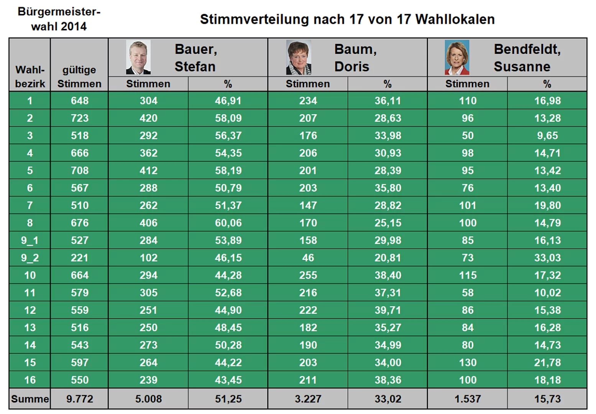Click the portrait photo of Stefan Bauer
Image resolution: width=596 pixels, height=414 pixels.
coord(138,57)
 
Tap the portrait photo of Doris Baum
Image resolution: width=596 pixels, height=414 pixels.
coord(299,58)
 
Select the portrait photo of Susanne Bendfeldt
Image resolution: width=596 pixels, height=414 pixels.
coord(457,58)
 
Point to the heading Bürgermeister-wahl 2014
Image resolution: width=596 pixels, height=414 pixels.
coord(59,19)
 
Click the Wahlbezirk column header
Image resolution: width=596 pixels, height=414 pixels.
coord(30,77)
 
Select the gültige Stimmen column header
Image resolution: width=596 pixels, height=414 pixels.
coord(79,77)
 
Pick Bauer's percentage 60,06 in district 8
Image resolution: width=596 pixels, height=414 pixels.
coord(228,223)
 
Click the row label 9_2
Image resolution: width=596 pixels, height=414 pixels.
coord(30,258)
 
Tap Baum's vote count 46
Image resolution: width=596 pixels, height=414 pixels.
coord(308,258)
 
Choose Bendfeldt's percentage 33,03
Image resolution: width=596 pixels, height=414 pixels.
coord(547,258)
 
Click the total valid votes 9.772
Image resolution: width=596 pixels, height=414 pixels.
coord(80,399)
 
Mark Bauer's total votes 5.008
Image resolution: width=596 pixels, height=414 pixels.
coord(148,399)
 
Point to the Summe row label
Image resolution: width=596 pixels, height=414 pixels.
coord(30,399)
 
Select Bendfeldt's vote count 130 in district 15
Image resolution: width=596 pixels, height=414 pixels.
coord(468,362)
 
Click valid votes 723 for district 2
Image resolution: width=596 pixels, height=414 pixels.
coord(80,118)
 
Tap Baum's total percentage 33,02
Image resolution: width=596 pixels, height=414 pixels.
coord(387,399)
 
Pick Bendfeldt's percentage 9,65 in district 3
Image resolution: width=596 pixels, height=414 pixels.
coord(547,135)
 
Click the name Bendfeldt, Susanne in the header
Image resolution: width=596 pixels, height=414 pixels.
coord(527,58)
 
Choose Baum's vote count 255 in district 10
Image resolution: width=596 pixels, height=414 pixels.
coord(308,275)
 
